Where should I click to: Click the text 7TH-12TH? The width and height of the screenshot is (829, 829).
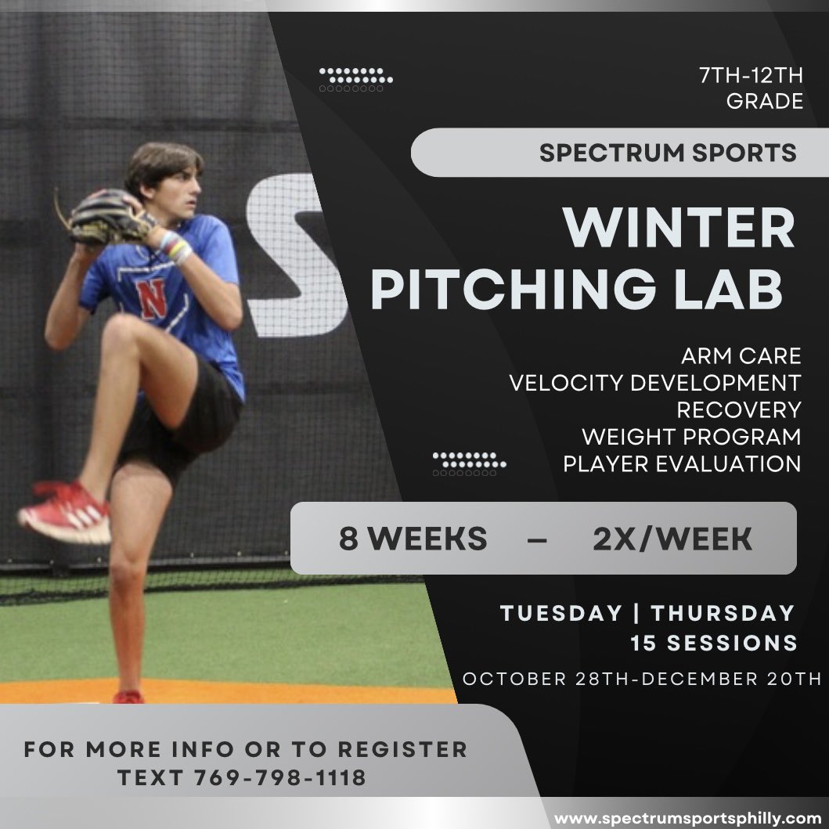point(751,77)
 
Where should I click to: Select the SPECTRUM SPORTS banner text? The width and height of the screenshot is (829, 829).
point(668,152)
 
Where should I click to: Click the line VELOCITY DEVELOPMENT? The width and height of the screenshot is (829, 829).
point(654,383)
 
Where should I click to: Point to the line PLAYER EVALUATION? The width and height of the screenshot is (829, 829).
point(681,463)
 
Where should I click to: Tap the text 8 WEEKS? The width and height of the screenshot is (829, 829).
point(413,539)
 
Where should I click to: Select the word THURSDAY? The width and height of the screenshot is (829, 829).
point(723,612)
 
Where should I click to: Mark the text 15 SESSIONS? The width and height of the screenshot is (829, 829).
point(714,643)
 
